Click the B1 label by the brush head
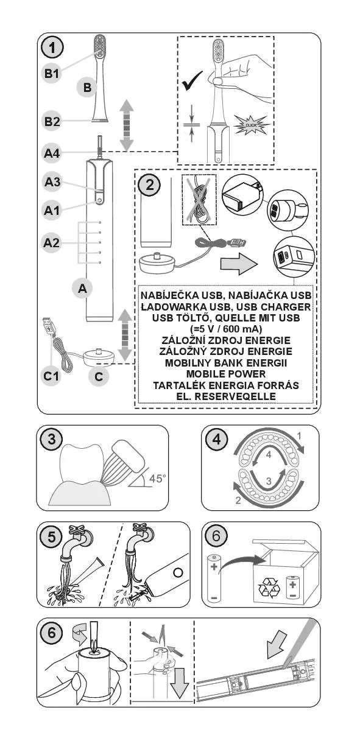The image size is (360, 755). click(52, 73)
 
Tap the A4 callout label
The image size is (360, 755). click(52, 153)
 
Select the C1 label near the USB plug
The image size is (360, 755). click(51, 376)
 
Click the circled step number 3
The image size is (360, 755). click(52, 439)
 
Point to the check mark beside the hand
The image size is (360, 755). click(192, 81)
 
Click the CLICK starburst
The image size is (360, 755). click(251, 125)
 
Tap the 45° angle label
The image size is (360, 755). click(157, 479)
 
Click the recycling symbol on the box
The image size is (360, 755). click(269, 588)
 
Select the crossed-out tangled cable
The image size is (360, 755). click(199, 200)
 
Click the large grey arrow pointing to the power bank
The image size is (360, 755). click(239, 264)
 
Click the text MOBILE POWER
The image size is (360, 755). click(226, 374)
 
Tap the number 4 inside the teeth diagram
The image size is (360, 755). click(269, 455)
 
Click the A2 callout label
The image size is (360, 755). click(51, 243)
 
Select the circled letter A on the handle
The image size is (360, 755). click(82, 289)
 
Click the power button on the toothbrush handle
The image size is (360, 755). click(99, 200)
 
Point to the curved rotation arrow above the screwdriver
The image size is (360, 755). click(80, 634)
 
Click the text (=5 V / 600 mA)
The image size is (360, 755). click(226, 329)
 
